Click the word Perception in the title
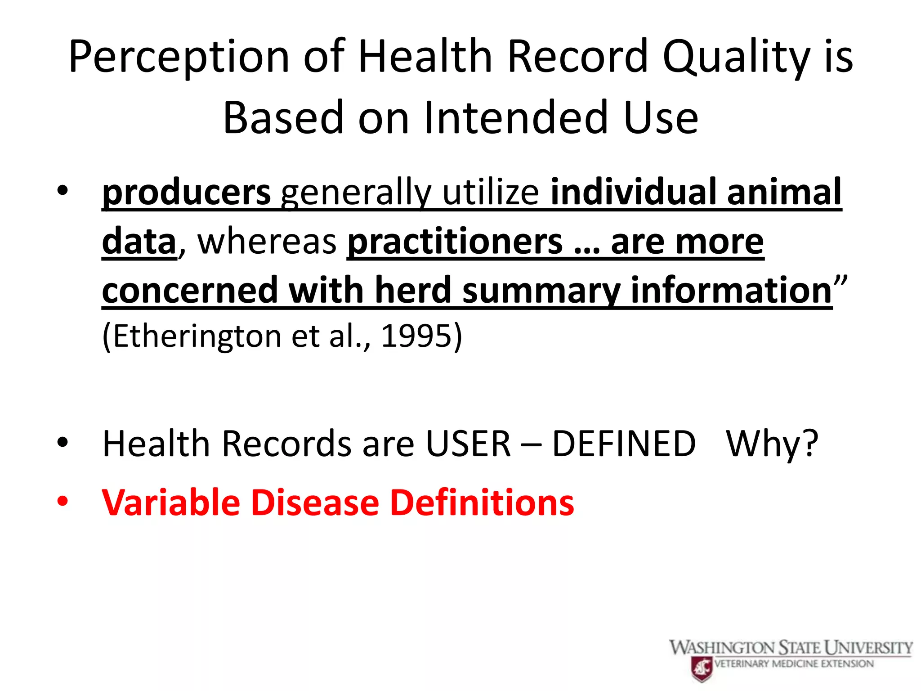point(179,57)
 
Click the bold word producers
point(186,193)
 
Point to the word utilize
point(491,193)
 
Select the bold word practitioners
point(455,242)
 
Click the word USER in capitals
point(468,444)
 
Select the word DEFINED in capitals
point(624,444)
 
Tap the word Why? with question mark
point(772,444)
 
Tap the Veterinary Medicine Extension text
point(794,664)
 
